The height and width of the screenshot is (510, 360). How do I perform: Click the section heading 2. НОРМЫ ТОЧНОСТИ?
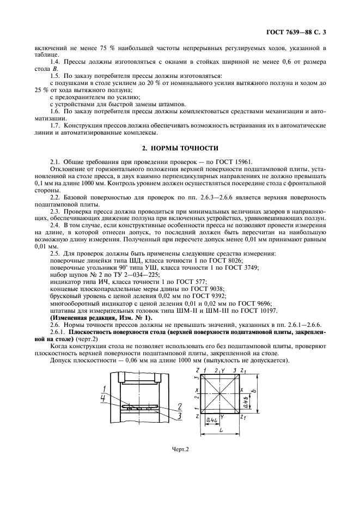tap(180, 148)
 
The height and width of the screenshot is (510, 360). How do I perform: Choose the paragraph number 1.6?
tap(55, 111)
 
